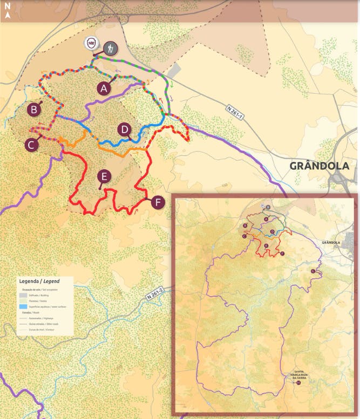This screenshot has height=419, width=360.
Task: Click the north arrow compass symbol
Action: coord(8,11)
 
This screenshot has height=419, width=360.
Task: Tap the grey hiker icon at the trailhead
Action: coord(110,48)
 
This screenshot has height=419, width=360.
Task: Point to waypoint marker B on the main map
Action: coord(34,109)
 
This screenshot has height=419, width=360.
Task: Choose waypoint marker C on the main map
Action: coord(31,145)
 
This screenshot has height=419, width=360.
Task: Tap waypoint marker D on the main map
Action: coord(125,129)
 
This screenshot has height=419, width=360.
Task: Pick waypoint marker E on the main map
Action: coord(104,176)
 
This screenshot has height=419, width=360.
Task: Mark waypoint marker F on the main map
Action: coord(157,202)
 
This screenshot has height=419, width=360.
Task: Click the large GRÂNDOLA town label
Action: coord(319,166)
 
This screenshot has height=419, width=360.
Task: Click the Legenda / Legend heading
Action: coord(39,281)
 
